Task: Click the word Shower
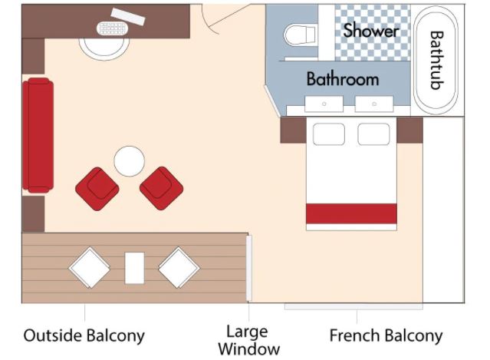point(371,31)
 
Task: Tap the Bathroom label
point(343,79)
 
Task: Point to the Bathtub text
point(436,60)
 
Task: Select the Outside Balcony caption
point(84,335)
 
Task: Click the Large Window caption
point(248,340)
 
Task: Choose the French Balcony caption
point(386,335)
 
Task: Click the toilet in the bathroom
point(300,35)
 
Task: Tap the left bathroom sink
point(324,104)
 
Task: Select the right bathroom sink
point(374,104)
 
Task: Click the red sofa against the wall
point(38,135)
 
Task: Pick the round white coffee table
point(129,161)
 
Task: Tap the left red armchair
point(97,189)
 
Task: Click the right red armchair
point(161,188)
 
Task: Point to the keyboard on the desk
point(112,28)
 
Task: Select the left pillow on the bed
point(329,134)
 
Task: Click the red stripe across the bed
point(351,213)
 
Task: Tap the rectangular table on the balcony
point(134,268)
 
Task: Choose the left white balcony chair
point(90,267)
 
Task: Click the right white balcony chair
point(179,267)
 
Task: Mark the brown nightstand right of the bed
point(409,130)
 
